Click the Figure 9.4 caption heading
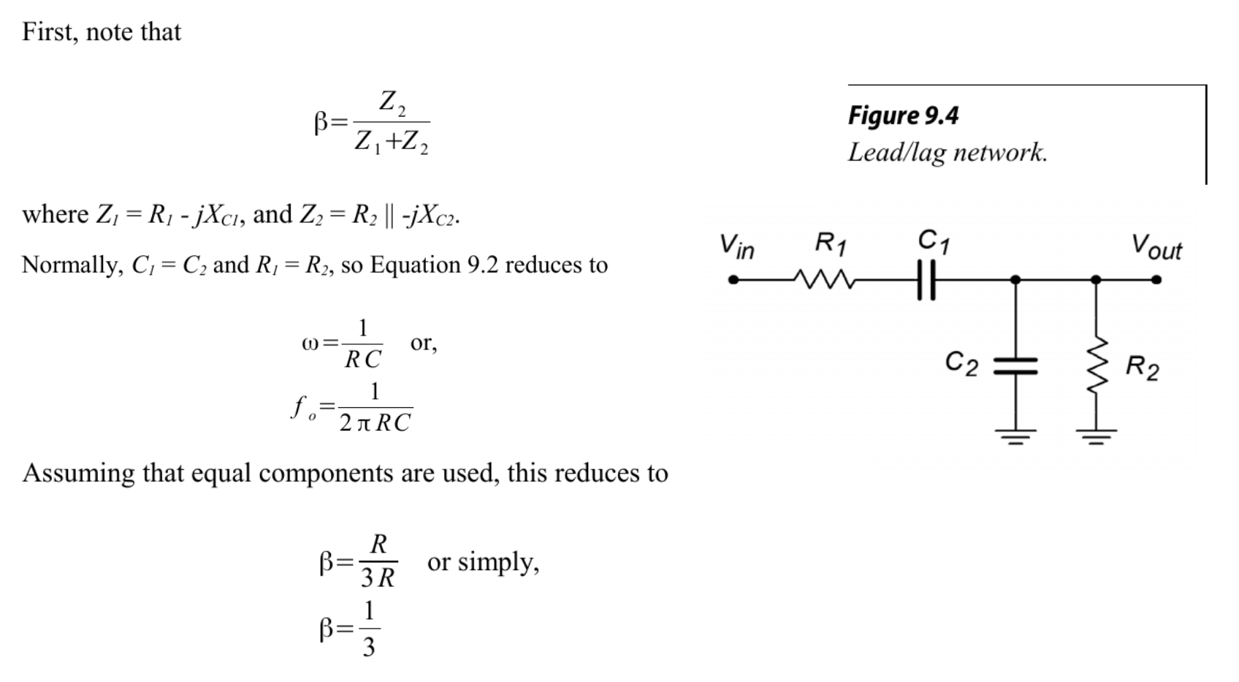pos(903,115)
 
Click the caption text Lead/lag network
pos(948,152)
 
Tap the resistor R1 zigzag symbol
pos(825,279)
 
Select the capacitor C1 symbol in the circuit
pos(926,280)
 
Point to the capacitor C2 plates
pos(1015,366)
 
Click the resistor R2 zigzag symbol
pos(1097,365)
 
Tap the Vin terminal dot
pos(733,280)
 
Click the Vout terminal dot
pos(1156,280)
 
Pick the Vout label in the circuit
pos(1156,247)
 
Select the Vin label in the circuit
pos(737,246)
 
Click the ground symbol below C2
pos(1015,437)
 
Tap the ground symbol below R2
pos(1097,437)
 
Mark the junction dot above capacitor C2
pos(1015,280)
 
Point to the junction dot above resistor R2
pos(1097,280)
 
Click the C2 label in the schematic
pos(962,364)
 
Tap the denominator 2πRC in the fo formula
pos(375,423)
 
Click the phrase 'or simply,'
pos(484,562)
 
